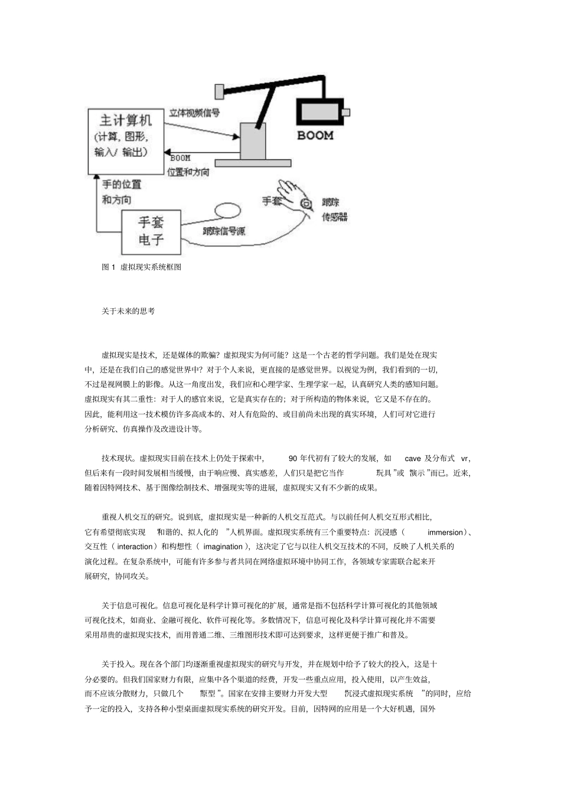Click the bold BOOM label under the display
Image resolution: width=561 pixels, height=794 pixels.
315,135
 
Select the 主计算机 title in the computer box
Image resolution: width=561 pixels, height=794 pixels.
125,120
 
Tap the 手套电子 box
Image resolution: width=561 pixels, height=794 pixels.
151,231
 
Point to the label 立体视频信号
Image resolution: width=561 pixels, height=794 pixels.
194,112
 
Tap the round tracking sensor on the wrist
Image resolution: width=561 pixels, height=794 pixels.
306,204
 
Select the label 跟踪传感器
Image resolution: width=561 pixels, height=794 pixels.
334,210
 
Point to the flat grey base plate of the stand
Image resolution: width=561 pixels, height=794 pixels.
253,162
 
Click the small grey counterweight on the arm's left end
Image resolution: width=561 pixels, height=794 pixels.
219,92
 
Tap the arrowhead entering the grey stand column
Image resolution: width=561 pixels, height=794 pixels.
236,138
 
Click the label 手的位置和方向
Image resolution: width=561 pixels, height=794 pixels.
121,192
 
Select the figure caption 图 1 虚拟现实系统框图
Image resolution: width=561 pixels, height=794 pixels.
142,267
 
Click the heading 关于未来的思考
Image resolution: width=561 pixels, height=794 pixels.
128,311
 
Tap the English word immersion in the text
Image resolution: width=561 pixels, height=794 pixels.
445,532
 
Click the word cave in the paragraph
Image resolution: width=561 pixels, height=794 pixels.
413,459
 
